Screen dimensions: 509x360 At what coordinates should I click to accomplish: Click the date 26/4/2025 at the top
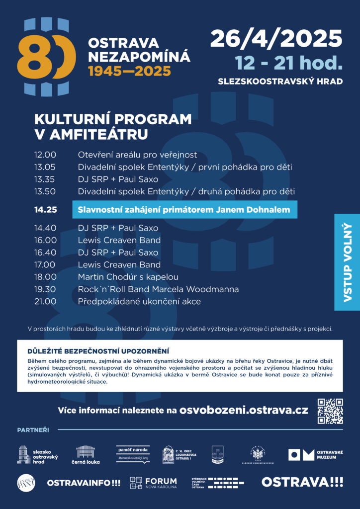tap(276, 39)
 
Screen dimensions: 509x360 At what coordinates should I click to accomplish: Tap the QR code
tap(330, 411)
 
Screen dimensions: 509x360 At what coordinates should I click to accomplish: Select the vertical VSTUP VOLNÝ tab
tap(347, 262)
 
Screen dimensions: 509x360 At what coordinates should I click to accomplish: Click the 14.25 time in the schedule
tap(45, 210)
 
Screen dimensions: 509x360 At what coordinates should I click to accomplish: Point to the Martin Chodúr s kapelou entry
tap(128, 277)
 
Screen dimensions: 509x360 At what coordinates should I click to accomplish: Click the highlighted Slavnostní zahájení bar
tap(184, 210)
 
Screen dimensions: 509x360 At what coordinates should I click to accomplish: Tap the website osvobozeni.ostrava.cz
tap(244, 411)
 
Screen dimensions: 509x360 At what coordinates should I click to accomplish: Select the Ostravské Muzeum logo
tap(316, 454)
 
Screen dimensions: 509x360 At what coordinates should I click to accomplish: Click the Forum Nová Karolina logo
tap(153, 482)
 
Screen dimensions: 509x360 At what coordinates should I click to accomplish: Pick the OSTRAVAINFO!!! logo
tap(84, 482)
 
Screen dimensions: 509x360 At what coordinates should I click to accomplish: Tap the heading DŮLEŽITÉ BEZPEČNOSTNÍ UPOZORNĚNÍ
tap(98, 350)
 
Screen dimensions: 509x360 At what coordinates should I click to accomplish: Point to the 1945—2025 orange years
tap(129, 71)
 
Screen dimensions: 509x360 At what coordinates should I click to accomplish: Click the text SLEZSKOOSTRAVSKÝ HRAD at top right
tap(280, 81)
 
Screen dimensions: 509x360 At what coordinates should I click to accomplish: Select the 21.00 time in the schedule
tap(45, 301)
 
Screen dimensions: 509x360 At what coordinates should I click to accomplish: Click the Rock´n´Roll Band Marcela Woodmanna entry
tap(158, 289)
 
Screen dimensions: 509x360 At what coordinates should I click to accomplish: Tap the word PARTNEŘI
tap(33, 429)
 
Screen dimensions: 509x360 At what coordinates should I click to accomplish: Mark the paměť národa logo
tap(133, 453)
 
